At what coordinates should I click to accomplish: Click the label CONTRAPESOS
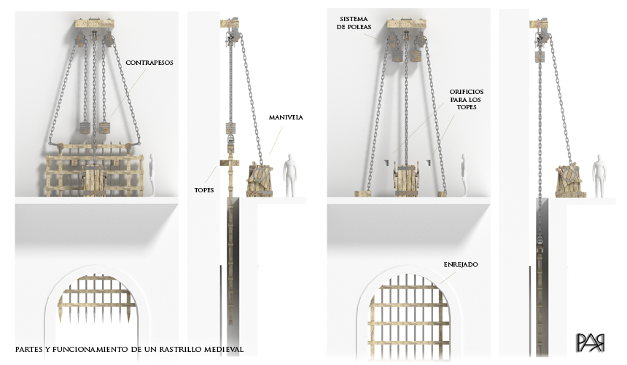(x=149, y=63)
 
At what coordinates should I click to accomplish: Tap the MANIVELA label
(x=286, y=117)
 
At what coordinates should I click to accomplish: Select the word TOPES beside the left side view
(x=204, y=190)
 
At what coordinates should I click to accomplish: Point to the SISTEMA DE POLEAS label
(x=354, y=23)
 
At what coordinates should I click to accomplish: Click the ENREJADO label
(x=461, y=264)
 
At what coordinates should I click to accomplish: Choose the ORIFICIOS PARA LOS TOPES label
(x=467, y=100)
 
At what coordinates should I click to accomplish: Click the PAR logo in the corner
(x=591, y=343)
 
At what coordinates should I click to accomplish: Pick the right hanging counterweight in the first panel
(x=104, y=128)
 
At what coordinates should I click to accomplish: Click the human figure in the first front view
(x=152, y=175)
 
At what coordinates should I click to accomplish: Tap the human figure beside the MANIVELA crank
(x=290, y=175)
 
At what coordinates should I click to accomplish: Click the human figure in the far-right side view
(x=599, y=176)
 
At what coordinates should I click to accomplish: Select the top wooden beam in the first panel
(x=95, y=23)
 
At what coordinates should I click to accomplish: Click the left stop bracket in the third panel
(x=387, y=162)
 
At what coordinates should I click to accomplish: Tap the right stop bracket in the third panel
(x=429, y=162)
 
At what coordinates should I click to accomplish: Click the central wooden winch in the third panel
(x=407, y=178)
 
